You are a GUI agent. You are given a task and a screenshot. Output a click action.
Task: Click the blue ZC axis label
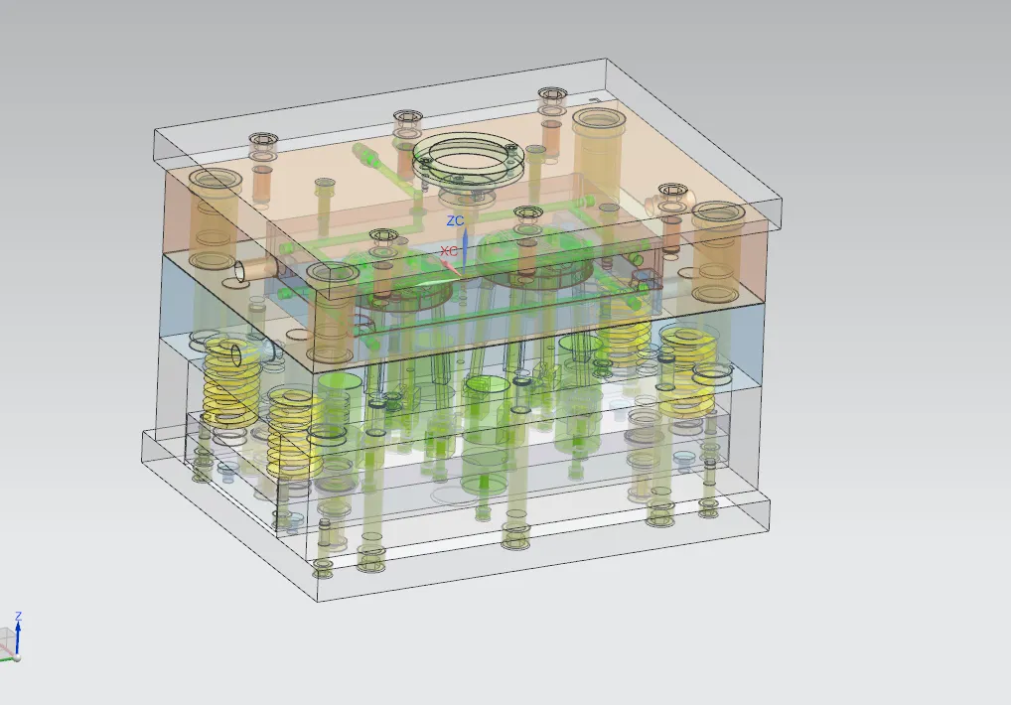(x=455, y=220)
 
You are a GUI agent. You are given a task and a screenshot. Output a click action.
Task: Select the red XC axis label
(x=450, y=250)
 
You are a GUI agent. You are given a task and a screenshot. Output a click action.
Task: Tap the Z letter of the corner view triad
(x=18, y=617)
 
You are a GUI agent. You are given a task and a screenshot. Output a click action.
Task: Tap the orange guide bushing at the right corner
(x=718, y=251)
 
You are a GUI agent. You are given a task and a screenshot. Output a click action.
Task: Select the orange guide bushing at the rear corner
(x=598, y=149)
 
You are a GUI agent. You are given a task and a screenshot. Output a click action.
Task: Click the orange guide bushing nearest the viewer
(x=333, y=313)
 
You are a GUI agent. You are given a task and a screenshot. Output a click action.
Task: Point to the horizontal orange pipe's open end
(x=238, y=271)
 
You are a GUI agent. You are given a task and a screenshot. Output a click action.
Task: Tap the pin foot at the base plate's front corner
(x=323, y=568)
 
